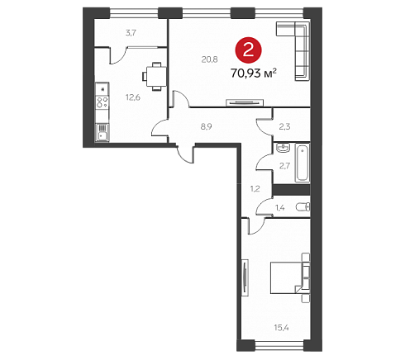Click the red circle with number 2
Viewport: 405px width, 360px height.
pyautogui.click(x=248, y=50)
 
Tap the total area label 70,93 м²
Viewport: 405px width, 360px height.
pyautogui.click(x=254, y=73)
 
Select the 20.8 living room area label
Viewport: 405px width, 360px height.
pyautogui.click(x=209, y=59)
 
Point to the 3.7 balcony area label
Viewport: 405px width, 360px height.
pyautogui.click(x=131, y=33)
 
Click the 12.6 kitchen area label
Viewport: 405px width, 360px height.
pyautogui.click(x=133, y=97)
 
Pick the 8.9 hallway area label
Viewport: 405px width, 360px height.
pyautogui.click(x=207, y=126)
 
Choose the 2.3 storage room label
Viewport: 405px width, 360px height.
pyautogui.click(x=284, y=126)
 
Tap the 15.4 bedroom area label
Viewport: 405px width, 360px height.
pyautogui.click(x=281, y=328)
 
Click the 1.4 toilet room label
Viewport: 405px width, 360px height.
pyautogui.click(x=279, y=208)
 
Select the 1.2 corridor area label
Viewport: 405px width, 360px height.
pyautogui.click(x=255, y=189)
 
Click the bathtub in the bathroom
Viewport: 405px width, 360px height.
pyautogui.click(x=303, y=163)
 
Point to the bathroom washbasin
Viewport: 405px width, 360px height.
pyautogui.click(x=283, y=148)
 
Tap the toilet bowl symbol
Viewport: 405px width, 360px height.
pyautogui.click(x=303, y=206)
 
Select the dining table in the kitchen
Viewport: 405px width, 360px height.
pyautogui.click(x=155, y=77)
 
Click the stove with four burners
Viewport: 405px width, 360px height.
pyautogui.click(x=102, y=102)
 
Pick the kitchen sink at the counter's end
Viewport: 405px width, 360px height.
pyautogui.click(x=102, y=133)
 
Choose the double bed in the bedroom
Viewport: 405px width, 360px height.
pyautogui.click(x=288, y=277)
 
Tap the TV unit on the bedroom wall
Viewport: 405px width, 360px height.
pyautogui.click(x=245, y=277)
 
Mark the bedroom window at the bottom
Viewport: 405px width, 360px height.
pyautogui.click(x=279, y=345)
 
